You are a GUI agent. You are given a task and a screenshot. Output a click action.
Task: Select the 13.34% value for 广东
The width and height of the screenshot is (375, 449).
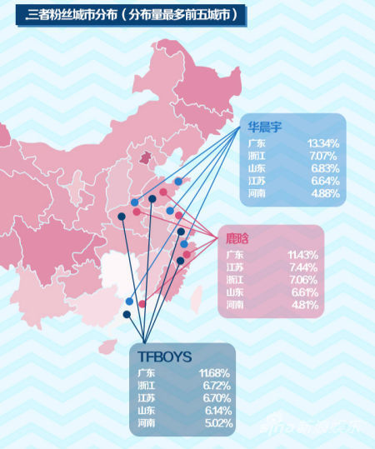[x=323, y=143]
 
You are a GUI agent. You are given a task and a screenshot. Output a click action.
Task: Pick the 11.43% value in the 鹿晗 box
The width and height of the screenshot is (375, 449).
[x=302, y=254]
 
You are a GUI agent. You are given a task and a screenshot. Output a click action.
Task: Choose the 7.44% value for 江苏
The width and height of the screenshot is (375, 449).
[x=302, y=267]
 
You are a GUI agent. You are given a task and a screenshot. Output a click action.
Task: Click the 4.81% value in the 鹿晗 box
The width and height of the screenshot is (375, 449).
[x=302, y=305]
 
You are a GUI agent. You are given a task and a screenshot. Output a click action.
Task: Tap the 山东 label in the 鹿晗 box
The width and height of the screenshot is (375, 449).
[x=235, y=292]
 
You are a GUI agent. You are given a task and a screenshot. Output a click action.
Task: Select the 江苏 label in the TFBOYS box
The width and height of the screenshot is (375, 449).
[x=147, y=398]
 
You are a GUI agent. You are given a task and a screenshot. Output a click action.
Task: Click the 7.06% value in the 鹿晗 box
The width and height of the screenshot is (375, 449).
[x=302, y=280]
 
